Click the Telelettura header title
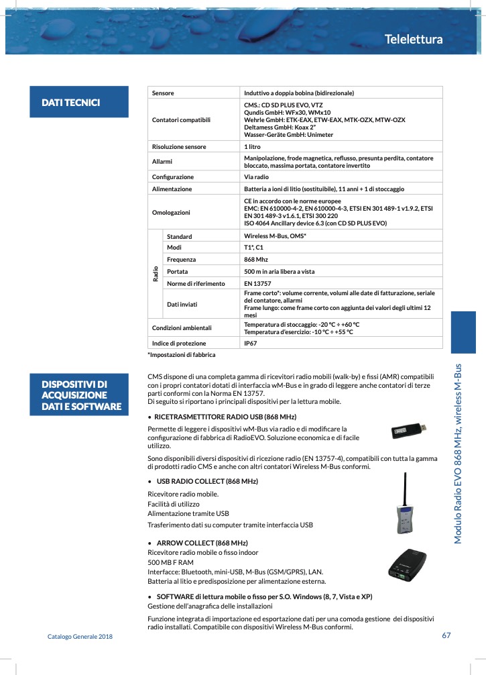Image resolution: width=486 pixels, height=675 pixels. pos(414,40)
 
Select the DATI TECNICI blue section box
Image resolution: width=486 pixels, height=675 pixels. pos(78,103)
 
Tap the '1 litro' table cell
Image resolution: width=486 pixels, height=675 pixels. pos(253,146)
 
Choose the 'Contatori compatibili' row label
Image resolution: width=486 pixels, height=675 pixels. pos(181,119)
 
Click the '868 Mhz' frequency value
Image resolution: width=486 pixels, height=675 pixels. pos(256,259)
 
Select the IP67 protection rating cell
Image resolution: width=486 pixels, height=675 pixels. pos(251,343)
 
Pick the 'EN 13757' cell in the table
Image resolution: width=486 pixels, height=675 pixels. pos(257,283)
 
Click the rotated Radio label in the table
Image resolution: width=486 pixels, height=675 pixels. pos(156,272)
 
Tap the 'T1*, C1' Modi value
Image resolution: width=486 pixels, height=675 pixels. pos(254,248)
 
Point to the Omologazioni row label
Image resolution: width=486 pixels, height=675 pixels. pos(171,212)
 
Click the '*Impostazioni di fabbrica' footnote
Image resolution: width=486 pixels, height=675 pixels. pos(182,354)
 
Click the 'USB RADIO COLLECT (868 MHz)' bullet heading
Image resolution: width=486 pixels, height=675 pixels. pos(207,482)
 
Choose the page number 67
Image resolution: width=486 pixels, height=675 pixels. pos(446,636)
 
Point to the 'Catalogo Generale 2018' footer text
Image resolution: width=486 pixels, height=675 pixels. pos(80,636)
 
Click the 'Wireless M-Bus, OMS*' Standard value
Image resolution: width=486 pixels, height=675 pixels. pos(275,236)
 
